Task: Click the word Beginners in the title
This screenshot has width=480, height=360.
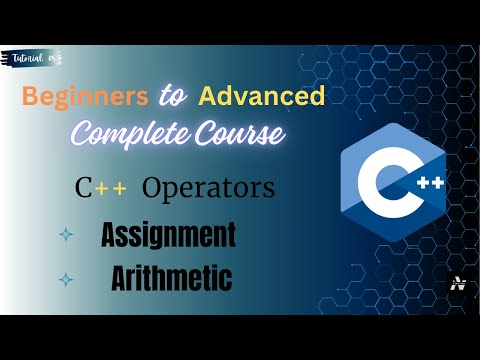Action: pos(84,97)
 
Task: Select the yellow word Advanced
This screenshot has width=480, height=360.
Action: pos(262,97)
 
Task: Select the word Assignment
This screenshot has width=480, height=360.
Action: pos(168,236)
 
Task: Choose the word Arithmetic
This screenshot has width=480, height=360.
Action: pos(168,279)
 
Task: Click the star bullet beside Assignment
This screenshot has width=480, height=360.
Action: pos(66,236)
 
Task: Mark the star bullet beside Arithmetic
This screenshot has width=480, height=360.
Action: pos(66,280)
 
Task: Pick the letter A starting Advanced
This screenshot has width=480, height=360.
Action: pos(207,97)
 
